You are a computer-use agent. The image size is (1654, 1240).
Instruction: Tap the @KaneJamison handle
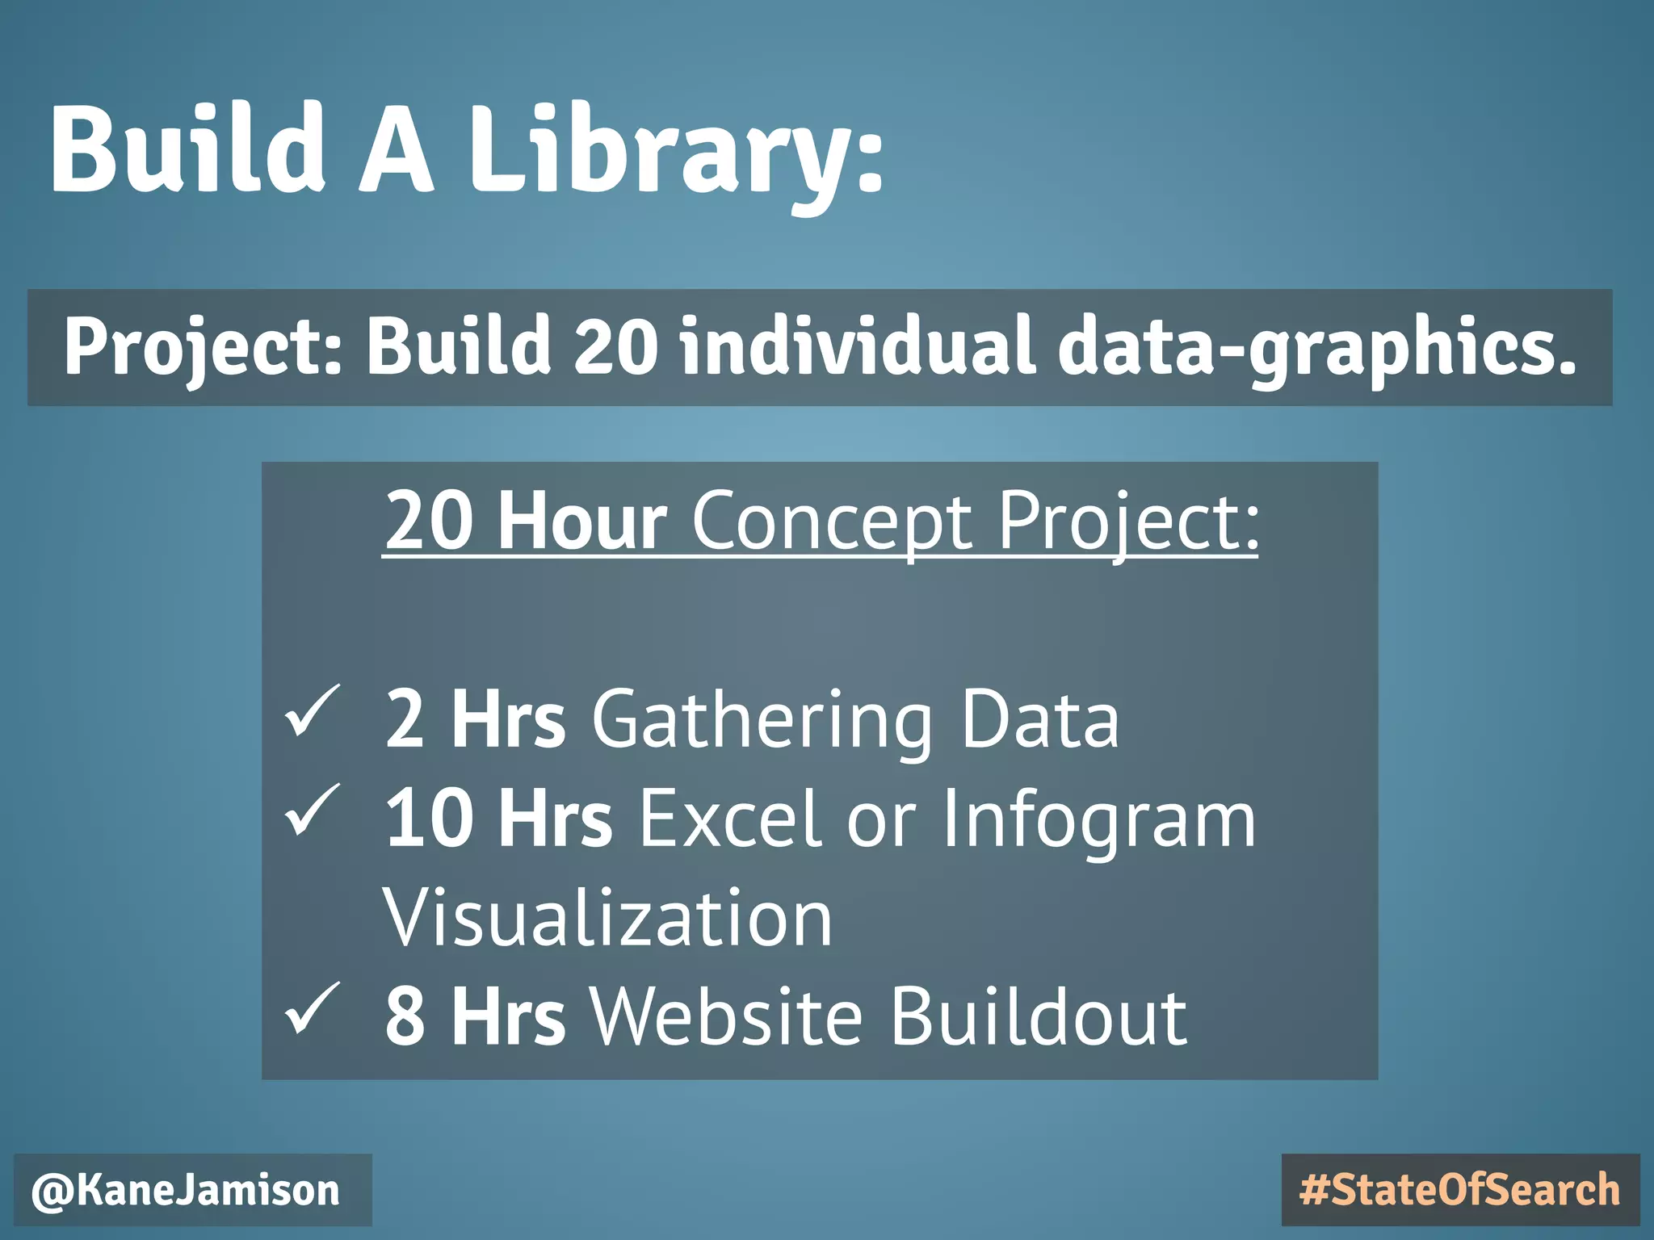coord(187,1191)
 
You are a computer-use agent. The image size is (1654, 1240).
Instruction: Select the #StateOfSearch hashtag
coord(1460,1191)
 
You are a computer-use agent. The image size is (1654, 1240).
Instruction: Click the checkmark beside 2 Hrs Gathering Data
coord(312,711)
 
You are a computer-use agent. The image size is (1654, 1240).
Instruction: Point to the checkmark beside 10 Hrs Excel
coord(312,811)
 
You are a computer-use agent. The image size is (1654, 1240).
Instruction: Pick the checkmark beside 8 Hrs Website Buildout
coord(312,1008)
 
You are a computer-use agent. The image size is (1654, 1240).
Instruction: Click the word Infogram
coord(1099,820)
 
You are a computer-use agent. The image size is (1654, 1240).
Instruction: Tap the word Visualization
coord(607,919)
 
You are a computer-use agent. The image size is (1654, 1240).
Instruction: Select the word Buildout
coord(1039,1017)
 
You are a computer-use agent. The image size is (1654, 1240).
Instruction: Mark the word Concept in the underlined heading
coord(832,521)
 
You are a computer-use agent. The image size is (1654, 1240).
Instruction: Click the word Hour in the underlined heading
coord(582,521)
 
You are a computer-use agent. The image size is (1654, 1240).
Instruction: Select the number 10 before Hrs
coord(429,819)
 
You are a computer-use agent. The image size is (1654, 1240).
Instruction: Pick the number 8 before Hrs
coord(405,1017)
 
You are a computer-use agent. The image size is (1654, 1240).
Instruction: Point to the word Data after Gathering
coord(1039,719)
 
